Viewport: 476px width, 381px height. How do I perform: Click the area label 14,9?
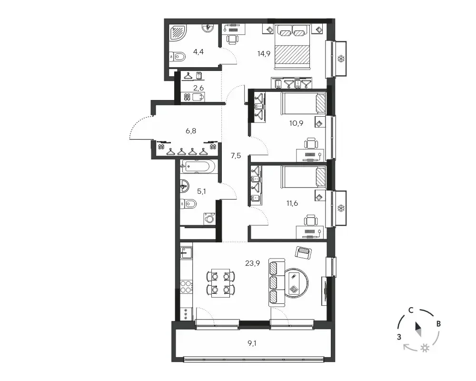click(264, 54)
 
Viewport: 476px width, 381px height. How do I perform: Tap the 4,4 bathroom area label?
click(198, 52)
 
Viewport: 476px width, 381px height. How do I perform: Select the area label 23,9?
click(252, 263)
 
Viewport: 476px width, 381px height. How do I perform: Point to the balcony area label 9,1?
click(252, 344)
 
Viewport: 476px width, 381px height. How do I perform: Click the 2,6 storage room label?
click(198, 88)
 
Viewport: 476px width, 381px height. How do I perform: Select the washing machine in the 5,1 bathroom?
click(209, 218)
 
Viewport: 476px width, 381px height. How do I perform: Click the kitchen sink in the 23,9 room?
click(186, 252)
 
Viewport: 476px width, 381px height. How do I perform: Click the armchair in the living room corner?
click(303, 253)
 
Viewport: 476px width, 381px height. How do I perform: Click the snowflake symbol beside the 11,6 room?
click(341, 209)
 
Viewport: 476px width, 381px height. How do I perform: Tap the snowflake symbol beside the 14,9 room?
click(341, 59)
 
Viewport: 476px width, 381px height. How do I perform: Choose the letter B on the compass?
click(438, 324)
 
